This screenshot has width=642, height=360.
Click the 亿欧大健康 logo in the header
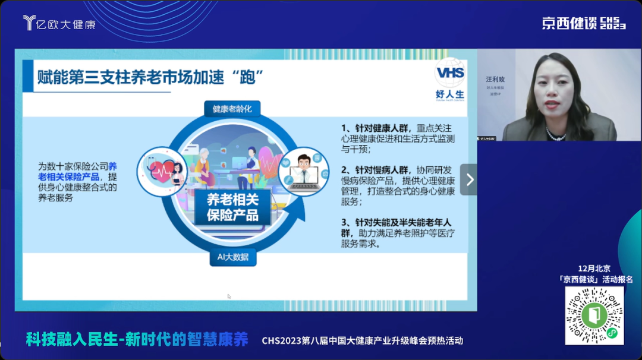pos(59,23)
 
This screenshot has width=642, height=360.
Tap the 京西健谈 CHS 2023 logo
pos(583,23)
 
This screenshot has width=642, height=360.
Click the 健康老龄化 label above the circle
pos(232,109)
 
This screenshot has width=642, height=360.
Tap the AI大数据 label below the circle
pos(233,257)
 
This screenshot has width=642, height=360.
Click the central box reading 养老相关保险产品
pos(232,207)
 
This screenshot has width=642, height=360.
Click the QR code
pos(594,315)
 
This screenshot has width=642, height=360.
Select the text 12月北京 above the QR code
pos(594,269)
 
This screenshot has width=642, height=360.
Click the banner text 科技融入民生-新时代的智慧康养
pos(137,340)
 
